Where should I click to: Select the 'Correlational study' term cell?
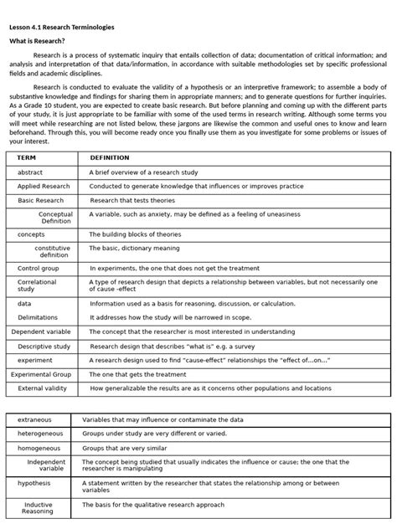click(37, 286)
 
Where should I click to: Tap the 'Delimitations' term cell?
click(38, 317)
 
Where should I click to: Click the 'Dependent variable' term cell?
click(41, 331)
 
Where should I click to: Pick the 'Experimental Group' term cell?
click(41, 374)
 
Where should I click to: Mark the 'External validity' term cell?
click(42, 388)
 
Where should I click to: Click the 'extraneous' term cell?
click(34, 419)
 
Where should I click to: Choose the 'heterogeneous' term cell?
click(40, 434)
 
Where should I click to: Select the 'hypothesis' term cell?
click(34, 483)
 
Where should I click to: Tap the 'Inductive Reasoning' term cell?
click(38, 508)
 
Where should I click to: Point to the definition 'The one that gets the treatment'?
click(137, 374)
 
